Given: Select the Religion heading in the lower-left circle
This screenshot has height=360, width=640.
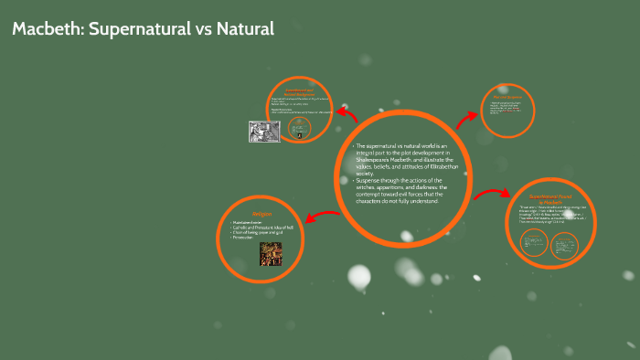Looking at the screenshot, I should pos(262,215).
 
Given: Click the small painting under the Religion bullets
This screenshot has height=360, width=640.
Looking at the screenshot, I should pos(270,252).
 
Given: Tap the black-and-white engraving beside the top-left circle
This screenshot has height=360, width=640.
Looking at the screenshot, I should pos(264,132).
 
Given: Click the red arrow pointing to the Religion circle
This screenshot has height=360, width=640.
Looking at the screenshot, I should pos(322,217).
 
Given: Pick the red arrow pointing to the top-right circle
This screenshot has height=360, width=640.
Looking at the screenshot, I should pos(467,116).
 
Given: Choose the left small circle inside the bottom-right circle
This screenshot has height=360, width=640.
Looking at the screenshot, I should pos(533,242).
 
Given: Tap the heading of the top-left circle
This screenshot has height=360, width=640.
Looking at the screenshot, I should pos(301,91).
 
